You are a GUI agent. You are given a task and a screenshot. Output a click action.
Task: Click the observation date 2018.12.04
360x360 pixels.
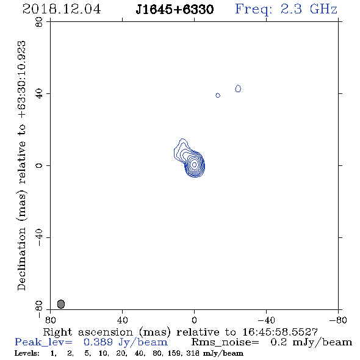click(x=62, y=9)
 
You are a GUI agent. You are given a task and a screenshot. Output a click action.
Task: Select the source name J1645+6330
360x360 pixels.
click(x=175, y=9)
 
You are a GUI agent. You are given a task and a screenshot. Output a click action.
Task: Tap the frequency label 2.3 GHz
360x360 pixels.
click(x=309, y=9)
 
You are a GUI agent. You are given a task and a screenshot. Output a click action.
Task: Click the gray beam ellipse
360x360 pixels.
click(x=61, y=304)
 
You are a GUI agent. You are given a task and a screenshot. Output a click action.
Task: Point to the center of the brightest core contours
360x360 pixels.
click(x=194, y=164)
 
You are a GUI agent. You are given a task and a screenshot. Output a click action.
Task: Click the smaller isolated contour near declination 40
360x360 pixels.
click(x=218, y=95)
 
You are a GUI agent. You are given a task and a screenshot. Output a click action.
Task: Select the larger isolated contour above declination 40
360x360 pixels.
click(x=238, y=88)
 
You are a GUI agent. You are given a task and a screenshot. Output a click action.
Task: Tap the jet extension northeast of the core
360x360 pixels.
click(x=181, y=149)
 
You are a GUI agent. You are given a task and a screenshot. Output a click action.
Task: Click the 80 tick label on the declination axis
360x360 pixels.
click(x=39, y=22)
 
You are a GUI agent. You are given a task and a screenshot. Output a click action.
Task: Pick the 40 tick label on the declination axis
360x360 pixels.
click(x=39, y=94)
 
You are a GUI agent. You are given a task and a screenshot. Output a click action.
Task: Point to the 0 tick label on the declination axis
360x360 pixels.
click(x=39, y=165)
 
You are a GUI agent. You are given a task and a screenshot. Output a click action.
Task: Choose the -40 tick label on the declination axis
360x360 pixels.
click(x=39, y=237)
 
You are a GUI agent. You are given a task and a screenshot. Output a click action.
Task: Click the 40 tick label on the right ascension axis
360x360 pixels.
click(x=122, y=320)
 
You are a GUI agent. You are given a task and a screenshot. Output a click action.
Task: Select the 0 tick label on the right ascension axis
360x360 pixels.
click(x=194, y=320)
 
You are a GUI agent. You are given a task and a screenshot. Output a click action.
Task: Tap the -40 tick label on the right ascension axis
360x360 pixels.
click(x=266, y=320)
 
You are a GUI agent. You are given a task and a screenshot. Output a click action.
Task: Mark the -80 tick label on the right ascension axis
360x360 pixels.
click(x=338, y=320)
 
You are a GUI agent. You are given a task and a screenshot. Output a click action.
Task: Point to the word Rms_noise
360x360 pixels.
click(x=225, y=342)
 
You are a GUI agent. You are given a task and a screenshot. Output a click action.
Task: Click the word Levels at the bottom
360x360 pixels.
click(x=27, y=353)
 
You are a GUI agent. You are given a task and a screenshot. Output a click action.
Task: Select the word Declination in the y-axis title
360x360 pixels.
click(x=21, y=259)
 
